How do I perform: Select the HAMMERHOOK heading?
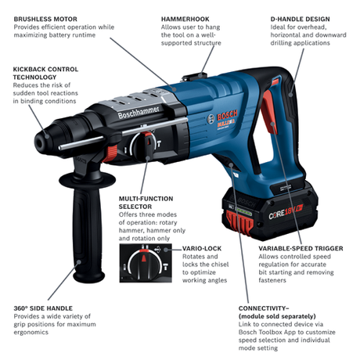186,18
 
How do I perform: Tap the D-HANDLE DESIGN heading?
300,18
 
